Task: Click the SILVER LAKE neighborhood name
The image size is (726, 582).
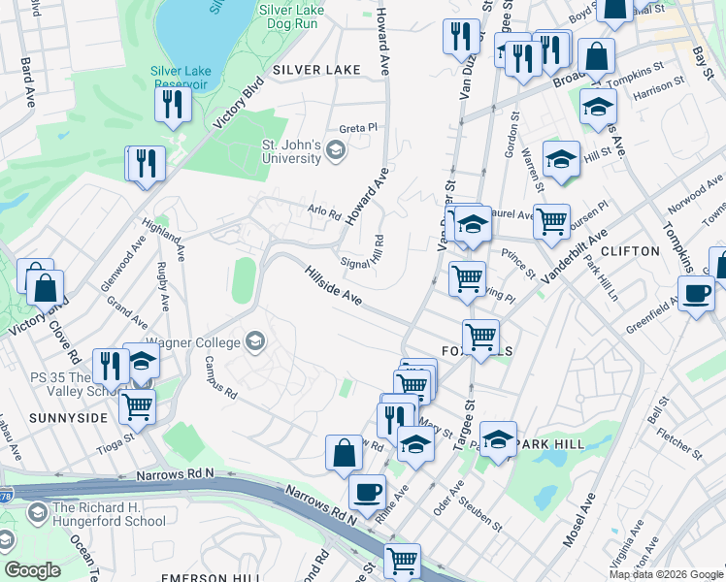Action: click(x=316, y=70)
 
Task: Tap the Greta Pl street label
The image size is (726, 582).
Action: click(x=358, y=128)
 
